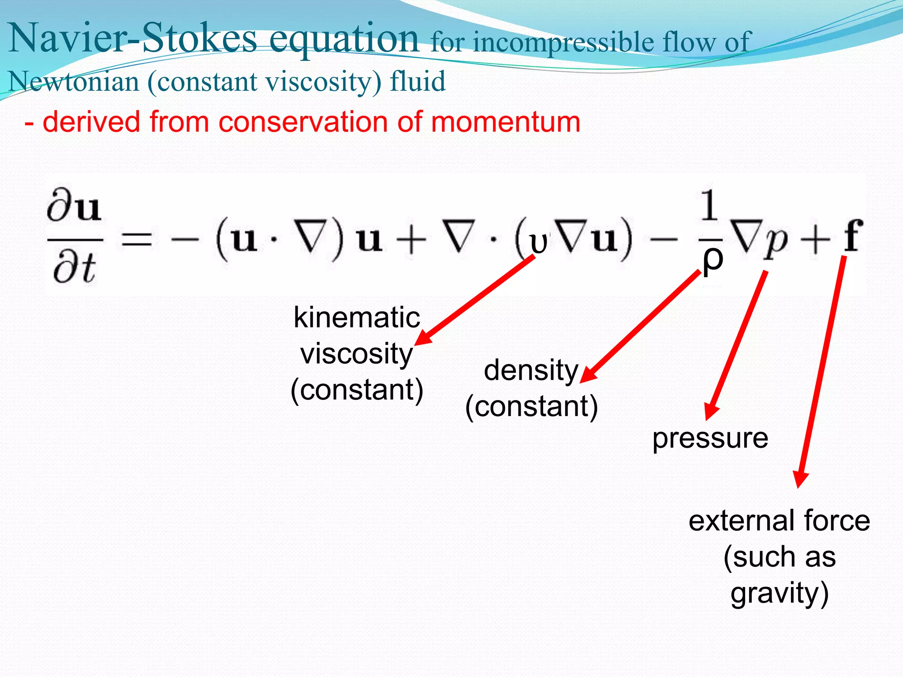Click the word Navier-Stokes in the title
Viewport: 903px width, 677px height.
132,39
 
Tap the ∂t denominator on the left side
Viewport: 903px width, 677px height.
74,269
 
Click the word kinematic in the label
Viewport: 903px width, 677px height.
357,317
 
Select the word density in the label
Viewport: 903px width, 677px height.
531,370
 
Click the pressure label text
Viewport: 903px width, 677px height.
710,438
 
